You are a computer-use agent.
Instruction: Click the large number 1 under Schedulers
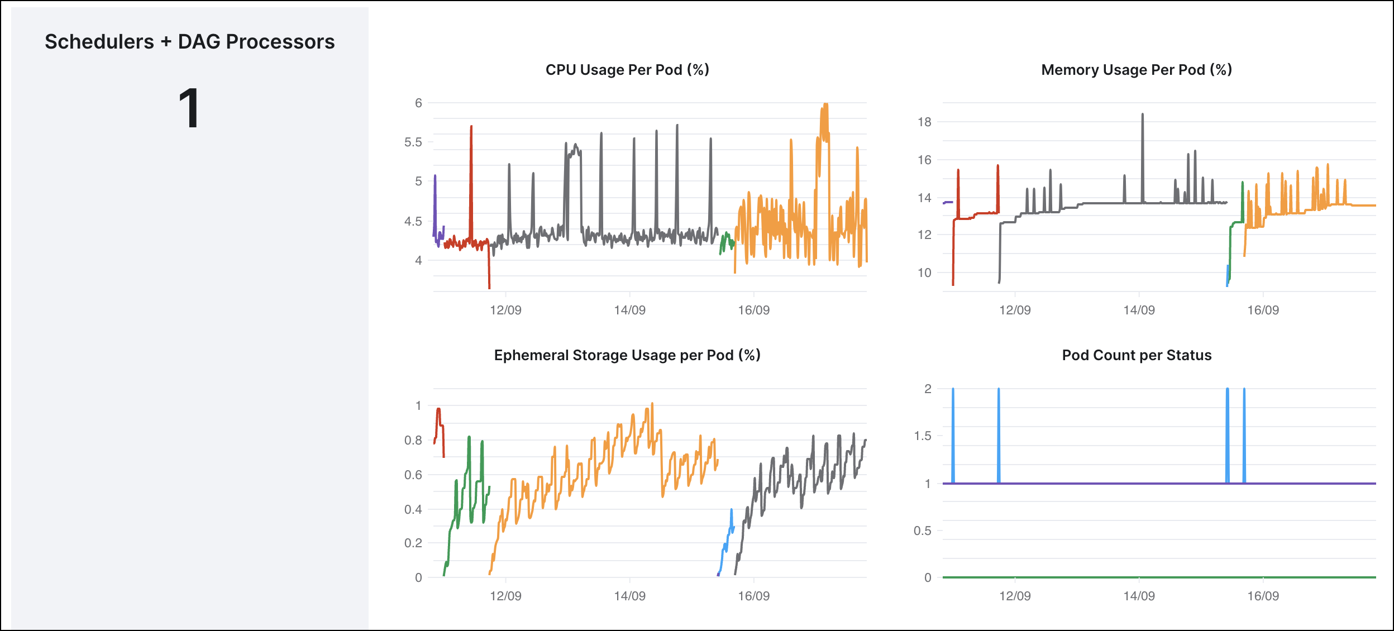(x=189, y=109)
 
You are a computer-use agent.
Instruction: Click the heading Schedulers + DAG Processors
(x=189, y=42)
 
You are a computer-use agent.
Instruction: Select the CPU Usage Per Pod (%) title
(x=627, y=70)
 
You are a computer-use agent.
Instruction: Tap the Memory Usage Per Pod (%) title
(x=1137, y=70)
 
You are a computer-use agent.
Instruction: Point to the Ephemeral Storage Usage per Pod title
(x=627, y=355)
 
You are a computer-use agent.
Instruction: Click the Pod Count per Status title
(x=1137, y=355)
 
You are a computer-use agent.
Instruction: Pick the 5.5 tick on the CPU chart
(x=413, y=142)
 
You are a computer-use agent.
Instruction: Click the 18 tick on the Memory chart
(x=924, y=122)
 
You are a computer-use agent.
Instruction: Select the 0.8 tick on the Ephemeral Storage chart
(x=413, y=440)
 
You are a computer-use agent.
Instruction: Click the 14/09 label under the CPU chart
(x=629, y=310)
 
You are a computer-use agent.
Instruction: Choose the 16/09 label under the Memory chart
(x=1263, y=310)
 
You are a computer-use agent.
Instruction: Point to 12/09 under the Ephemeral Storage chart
(x=505, y=596)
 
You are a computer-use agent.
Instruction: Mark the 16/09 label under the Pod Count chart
(x=1263, y=596)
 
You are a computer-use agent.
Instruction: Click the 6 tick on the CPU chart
(x=418, y=103)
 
